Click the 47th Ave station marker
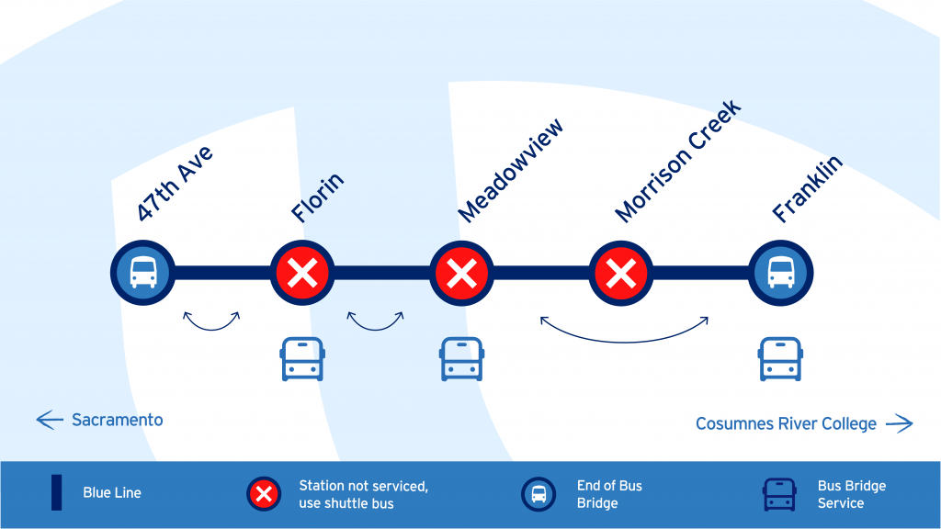(x=142, y=273)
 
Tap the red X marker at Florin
(x=301, y=273)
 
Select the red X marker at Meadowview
(x=461, y=273)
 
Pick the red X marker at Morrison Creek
(x=621, y=273)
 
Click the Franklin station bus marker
(x=781, y=273)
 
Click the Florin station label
(x=318, y=197)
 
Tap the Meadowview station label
(x=510, y=170)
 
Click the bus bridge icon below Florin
(x=301, y=359)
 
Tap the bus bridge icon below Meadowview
(x=461, y=359)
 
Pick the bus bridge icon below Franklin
(x=781, y=359)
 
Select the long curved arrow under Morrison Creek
(x=624, y=331)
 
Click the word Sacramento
(x=118, y=420)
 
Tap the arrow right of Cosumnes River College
(x=899, y=423)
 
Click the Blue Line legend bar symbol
(x=57, y=492)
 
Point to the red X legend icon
(x=264, y=494)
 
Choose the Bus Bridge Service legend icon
(x=779, y=494)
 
